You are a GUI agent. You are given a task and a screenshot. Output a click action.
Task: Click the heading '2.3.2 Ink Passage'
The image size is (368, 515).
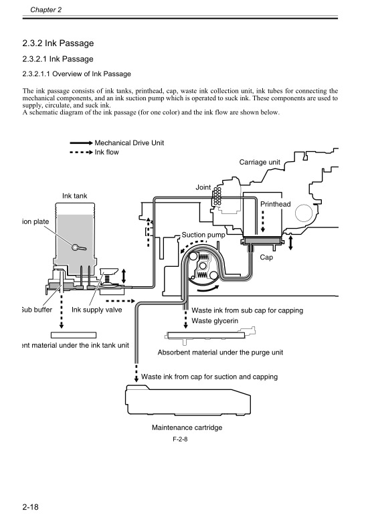[58, 43]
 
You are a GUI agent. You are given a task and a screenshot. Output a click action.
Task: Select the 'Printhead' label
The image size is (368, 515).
[275, 203]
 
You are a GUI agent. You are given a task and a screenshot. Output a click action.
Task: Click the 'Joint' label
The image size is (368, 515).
[204, 187]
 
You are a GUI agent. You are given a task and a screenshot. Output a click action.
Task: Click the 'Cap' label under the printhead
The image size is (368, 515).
[266, 257]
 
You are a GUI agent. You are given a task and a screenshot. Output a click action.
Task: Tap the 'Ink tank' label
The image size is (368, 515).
[75, 195]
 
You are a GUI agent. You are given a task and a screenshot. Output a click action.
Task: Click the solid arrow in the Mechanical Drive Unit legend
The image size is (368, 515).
[80, 143]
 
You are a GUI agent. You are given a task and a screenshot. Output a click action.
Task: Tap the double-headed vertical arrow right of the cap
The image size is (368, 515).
[290, 242]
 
